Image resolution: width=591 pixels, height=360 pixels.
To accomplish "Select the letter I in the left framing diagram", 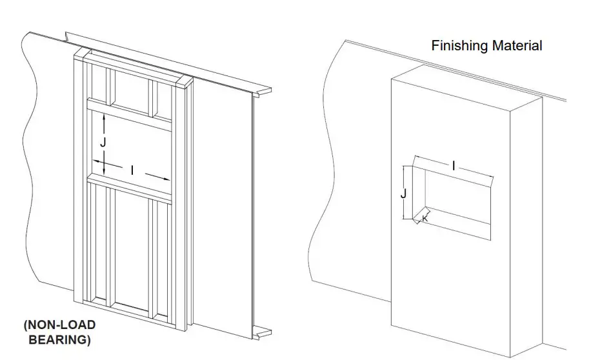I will (132, 170).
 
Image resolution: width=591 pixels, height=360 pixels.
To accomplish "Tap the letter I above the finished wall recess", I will (454, 166).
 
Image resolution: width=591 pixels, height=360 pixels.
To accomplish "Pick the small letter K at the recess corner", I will (425, 219).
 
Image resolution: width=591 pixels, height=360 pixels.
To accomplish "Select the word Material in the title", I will (516, 46).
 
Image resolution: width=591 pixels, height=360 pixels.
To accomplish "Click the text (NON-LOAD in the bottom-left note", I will (60, 325).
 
